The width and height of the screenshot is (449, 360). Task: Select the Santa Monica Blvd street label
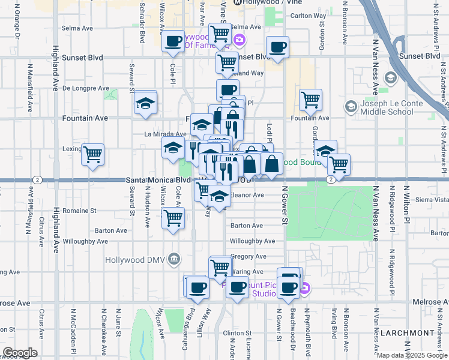(158, 180)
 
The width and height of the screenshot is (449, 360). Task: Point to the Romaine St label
(80, 211)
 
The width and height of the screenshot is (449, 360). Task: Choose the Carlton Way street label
(310, 16)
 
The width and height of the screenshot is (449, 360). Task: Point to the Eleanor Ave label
(248, 195)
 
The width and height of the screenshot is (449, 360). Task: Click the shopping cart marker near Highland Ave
(92, 155)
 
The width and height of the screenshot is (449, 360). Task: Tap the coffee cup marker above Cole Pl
(173, 41)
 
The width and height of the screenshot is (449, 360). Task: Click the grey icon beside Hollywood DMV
(174, 259)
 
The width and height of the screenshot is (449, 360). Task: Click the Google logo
(20, 353)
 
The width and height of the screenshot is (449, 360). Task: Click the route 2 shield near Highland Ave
(38, 180)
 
